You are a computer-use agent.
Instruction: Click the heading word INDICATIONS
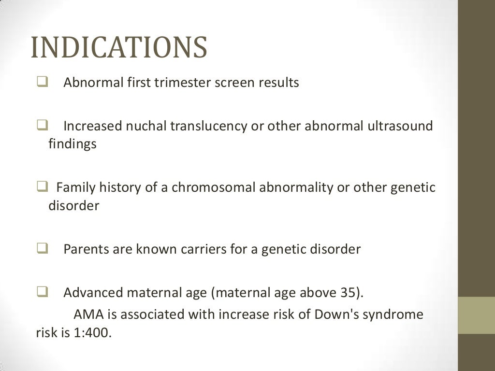[119, 48]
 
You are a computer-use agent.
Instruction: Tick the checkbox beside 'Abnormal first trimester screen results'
[42, 83]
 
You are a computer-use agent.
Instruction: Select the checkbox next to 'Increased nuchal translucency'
[42, 126]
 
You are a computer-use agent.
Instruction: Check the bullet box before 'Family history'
[42, 187]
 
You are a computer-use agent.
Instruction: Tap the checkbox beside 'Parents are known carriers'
[42, 249]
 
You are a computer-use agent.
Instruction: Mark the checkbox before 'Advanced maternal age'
[42, 292]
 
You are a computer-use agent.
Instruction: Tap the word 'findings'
[73, 144]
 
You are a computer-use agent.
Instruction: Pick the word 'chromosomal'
[214, 187]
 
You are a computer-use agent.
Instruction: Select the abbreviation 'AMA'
[87, 315]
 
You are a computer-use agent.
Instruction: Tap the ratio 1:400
[92, 333]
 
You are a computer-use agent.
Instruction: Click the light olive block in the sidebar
[476, 315]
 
